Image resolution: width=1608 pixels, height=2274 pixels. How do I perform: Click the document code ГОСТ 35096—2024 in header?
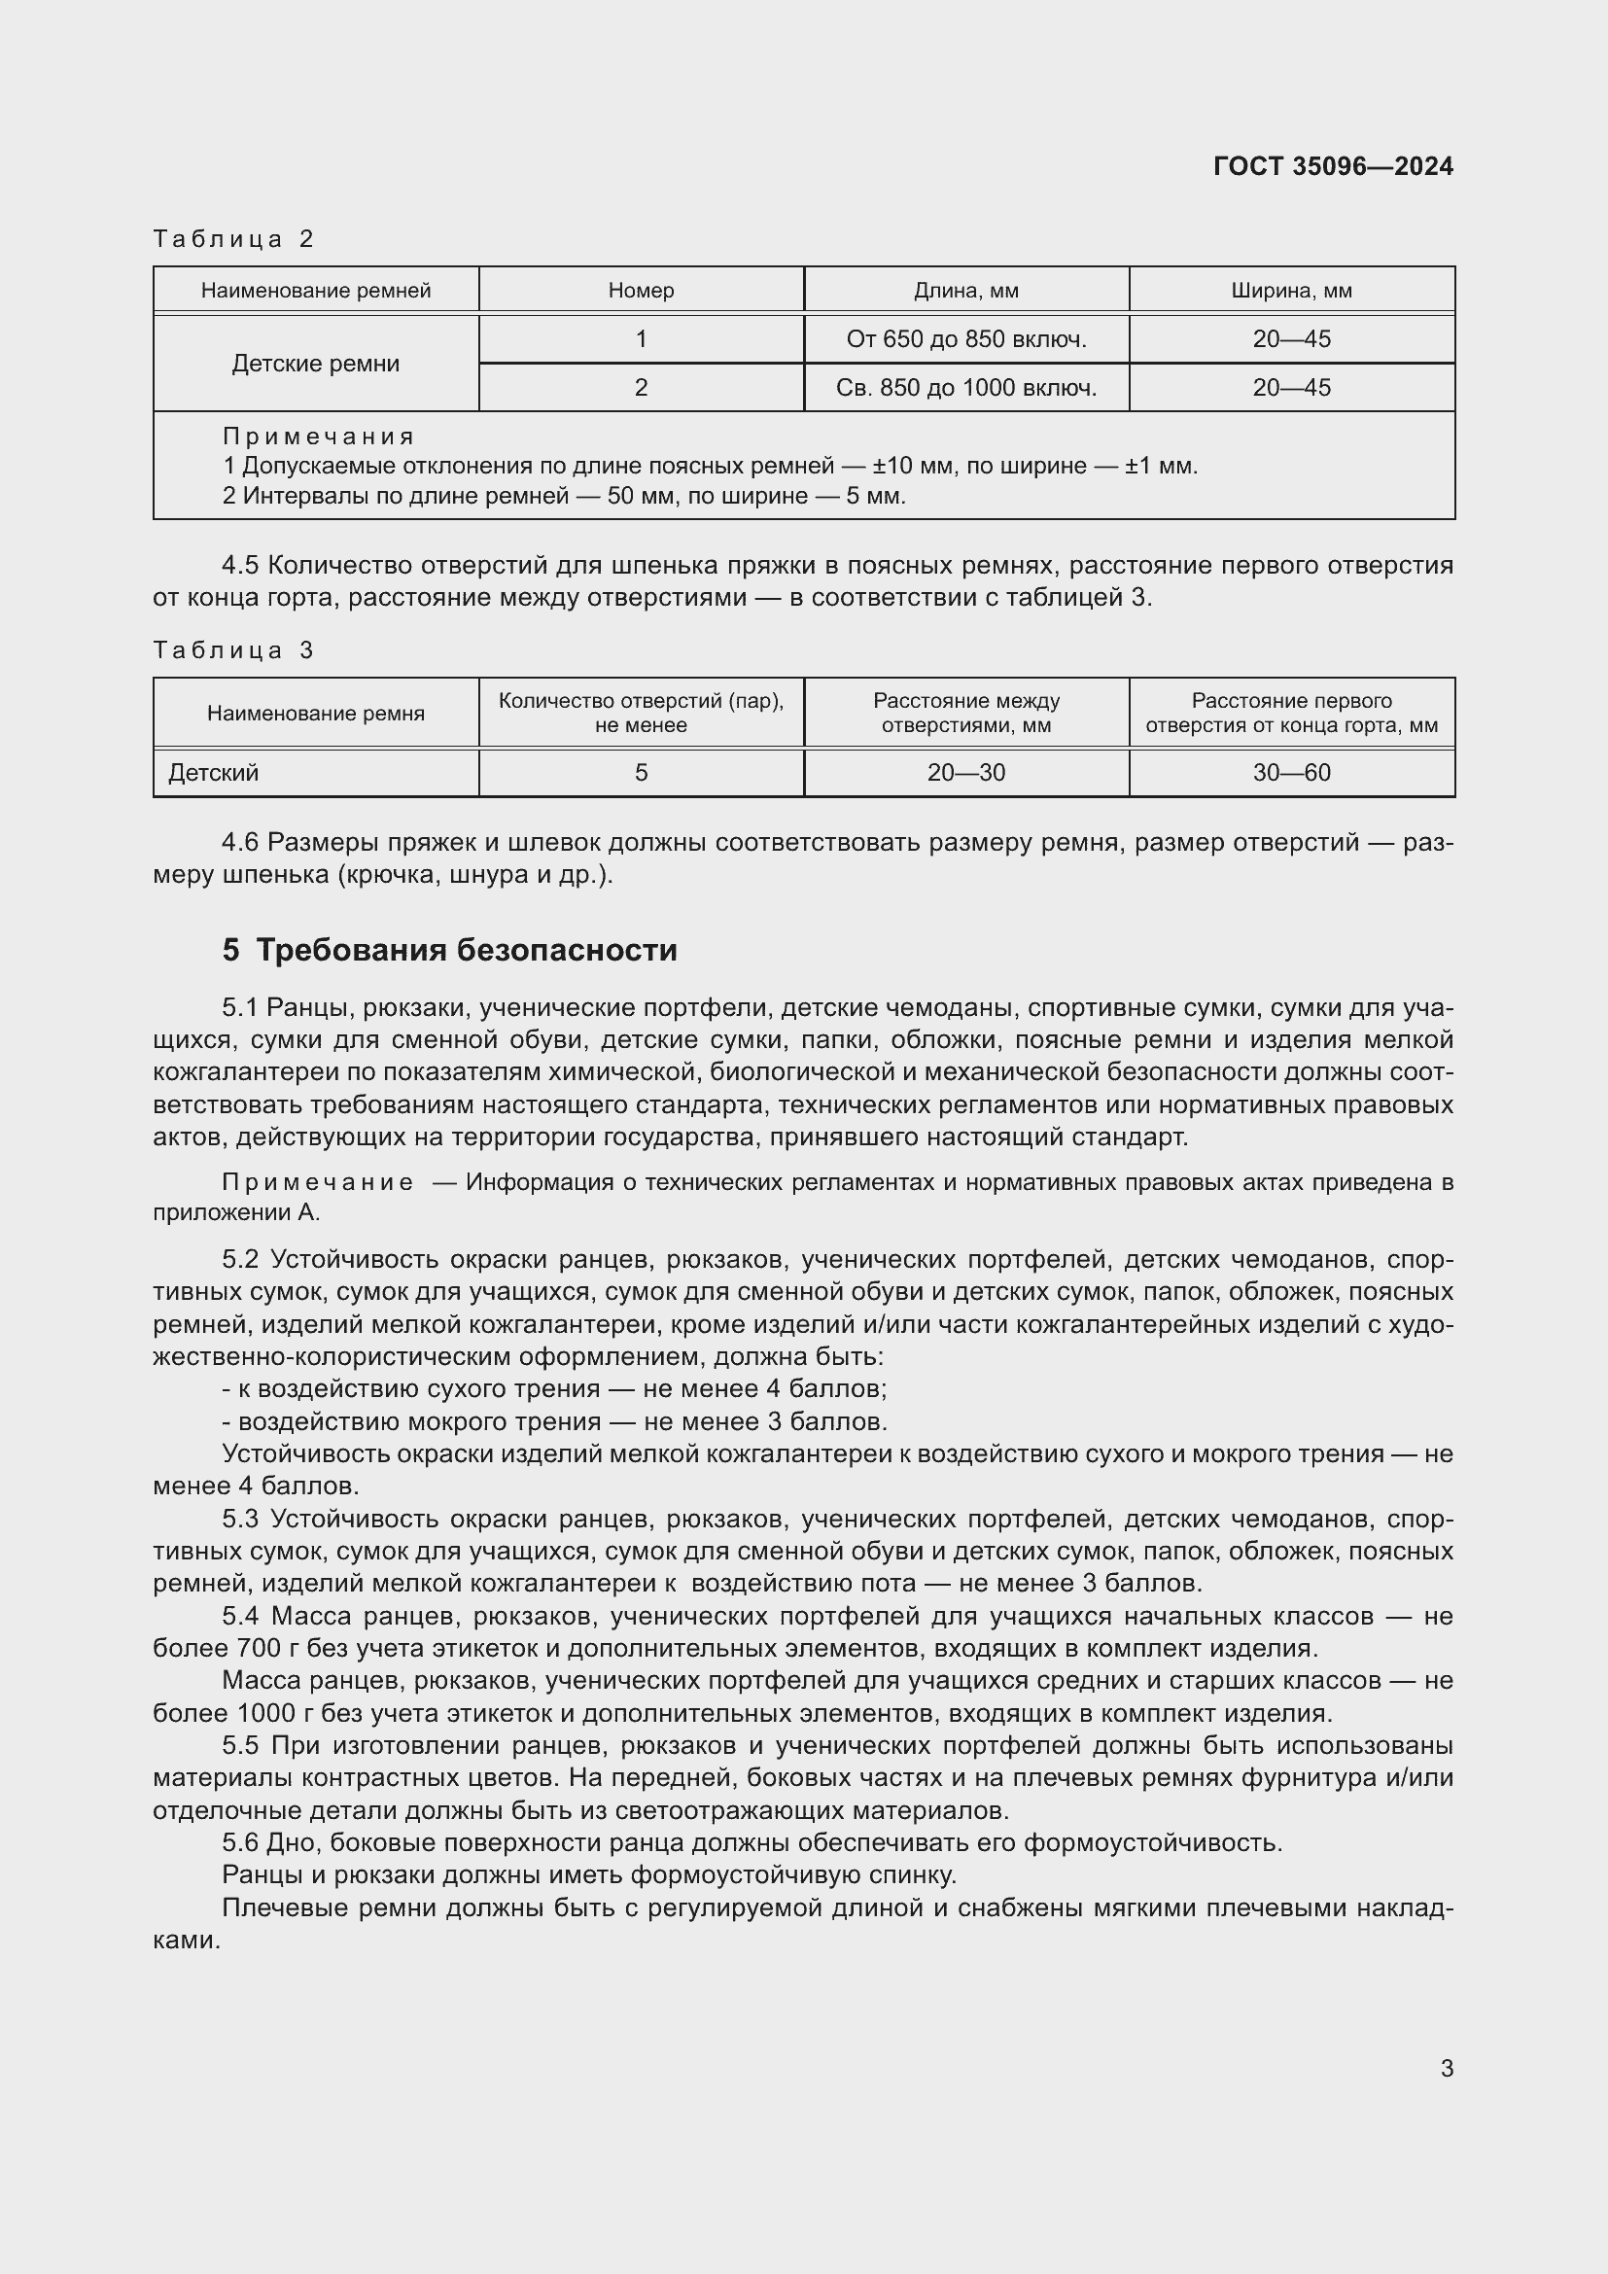(x=1333, y=166)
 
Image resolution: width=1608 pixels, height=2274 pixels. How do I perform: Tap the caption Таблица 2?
(x=233, y=239)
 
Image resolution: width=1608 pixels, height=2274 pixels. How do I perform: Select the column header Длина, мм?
(x=965, y=290)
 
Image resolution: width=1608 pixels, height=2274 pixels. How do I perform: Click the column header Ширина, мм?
(x=1291, y=290)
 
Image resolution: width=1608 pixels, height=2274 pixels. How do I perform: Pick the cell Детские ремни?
(x=316, y=364)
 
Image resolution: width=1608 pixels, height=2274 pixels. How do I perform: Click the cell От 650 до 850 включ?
(x=965, y=338)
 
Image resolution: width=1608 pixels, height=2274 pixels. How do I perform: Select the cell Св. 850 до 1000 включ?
(x=965, y=387)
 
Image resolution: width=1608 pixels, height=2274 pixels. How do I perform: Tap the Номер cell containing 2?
(x=641, y=387)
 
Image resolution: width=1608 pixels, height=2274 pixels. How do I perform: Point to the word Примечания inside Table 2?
(x=318, y=436)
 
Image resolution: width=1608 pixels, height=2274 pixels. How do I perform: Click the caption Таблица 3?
(x=233, y=649)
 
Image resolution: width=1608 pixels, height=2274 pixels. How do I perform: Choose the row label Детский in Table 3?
(x=213, y=773)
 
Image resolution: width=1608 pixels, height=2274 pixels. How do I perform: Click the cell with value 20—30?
(x=965, y=773)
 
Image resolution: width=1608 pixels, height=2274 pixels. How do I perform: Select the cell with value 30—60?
(x=1291, y=773)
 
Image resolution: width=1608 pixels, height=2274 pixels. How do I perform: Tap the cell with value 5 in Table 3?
(x=641, y=773)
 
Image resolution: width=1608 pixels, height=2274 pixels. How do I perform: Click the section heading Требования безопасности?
(x=467, y=950)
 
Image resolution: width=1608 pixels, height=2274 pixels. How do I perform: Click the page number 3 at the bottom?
(x=1447, y=2068)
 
